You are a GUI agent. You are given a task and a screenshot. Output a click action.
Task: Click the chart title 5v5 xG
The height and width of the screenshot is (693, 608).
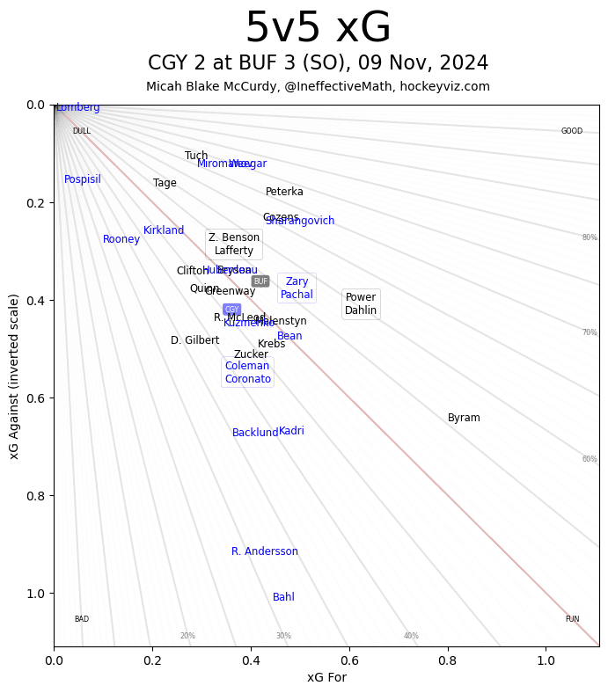tap(318, 28)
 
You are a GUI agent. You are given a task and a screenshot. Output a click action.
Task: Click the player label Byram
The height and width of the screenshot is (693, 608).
tap(464, 418)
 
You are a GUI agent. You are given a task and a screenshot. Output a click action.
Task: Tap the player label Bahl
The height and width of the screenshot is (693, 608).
tap(283, 597)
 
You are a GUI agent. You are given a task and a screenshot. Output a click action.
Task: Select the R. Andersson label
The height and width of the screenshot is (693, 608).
tap(265, 551)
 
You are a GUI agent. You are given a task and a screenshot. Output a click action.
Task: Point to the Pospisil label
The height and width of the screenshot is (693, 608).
tap(83, 179)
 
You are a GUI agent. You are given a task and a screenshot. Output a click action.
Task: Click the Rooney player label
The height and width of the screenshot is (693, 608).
tap(121, 239)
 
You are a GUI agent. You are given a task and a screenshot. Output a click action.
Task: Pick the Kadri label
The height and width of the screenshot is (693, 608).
tap(291, 431)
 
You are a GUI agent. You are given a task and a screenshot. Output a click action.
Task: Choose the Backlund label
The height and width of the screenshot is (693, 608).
tap(255, 433)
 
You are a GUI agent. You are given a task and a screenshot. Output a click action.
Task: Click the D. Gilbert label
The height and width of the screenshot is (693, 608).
tap(195, 340)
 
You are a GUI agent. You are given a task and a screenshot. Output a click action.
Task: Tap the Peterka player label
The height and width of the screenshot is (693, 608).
tap(284, 192)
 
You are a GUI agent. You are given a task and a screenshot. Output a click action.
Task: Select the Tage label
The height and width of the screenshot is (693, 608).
tap(165, 183)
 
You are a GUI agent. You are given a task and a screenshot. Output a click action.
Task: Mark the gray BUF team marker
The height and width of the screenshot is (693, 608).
tap(260, 281)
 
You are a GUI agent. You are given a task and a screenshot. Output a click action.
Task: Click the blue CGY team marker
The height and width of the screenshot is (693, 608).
tap(231, 310)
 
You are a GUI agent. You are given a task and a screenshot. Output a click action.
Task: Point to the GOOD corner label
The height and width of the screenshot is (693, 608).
tap(572, 131)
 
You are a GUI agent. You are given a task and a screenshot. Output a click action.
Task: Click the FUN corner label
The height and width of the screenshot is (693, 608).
tap(572, 619)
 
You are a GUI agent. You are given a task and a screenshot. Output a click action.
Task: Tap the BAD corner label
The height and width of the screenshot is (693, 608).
tap(81, 619)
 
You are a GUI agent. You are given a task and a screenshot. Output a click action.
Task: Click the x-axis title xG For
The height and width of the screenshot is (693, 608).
tap(326, 677)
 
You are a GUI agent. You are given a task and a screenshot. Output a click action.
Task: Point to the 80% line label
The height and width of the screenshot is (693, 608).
tap(589, 237)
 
